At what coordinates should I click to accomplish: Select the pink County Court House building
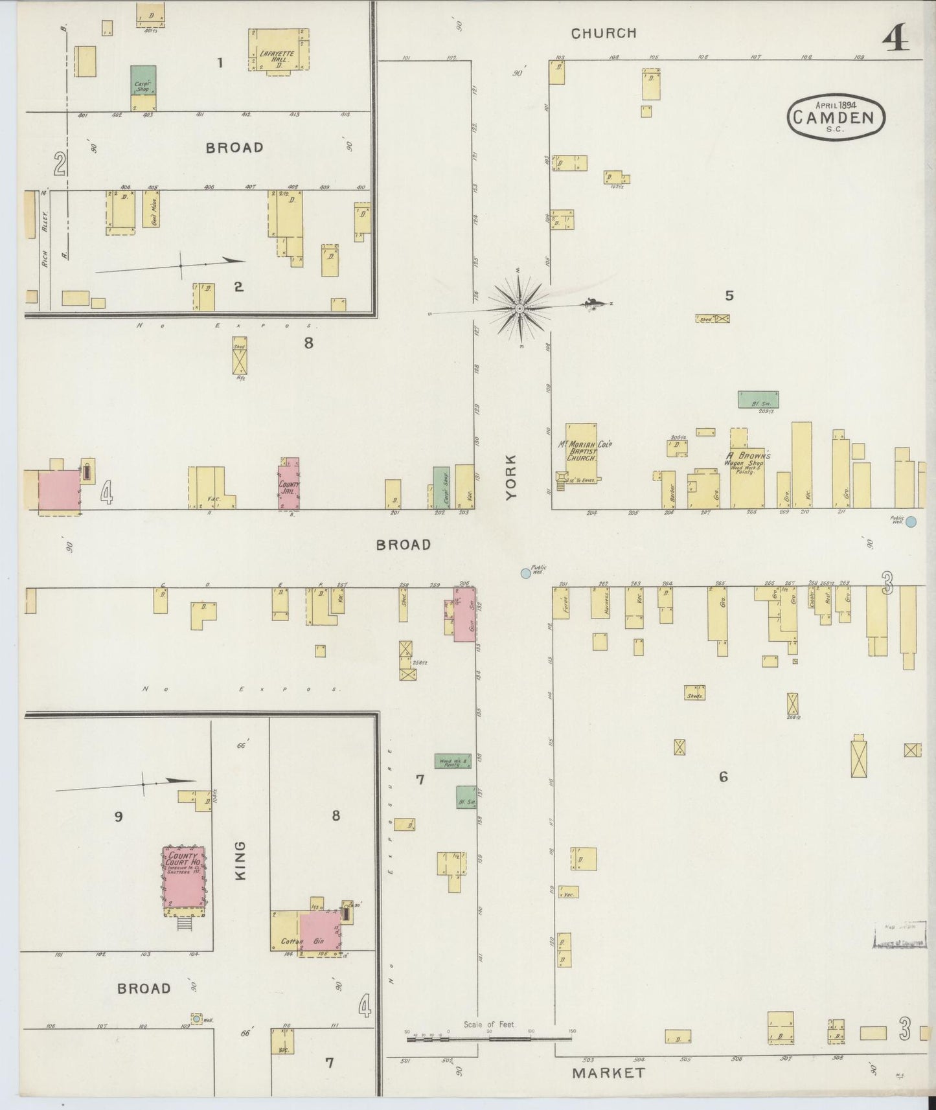tap(184, 877)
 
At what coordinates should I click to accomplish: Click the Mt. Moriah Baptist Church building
tap(581, 451)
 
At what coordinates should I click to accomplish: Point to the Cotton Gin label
tap(302, 941)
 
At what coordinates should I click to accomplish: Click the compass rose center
tap(519, 310)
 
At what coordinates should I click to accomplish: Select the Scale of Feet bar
tap(489, 1038)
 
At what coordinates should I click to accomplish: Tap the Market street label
tap(609, 1072)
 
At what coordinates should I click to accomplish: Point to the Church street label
tap(604, 33)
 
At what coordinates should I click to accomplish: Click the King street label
tap(240, 860)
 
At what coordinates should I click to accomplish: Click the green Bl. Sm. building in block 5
tap(758, 399)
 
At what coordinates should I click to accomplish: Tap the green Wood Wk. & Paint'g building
tap(453, 761)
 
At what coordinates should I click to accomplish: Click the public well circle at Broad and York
tap(525, 573)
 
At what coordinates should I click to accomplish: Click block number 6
tap(723, 776)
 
